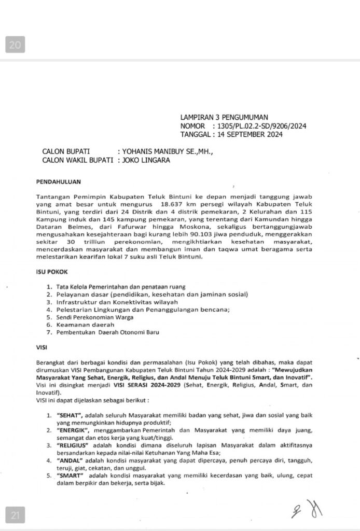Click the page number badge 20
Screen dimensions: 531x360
[x=15, y=46]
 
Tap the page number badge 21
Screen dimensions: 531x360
[x=15, y=515]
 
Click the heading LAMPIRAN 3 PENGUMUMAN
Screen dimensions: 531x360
[x=224, y=118]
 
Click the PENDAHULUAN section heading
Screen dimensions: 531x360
[x=58, y=182]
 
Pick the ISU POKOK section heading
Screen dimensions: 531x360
[x=52, y=272]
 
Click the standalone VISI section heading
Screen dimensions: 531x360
[x=42, y=347]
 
